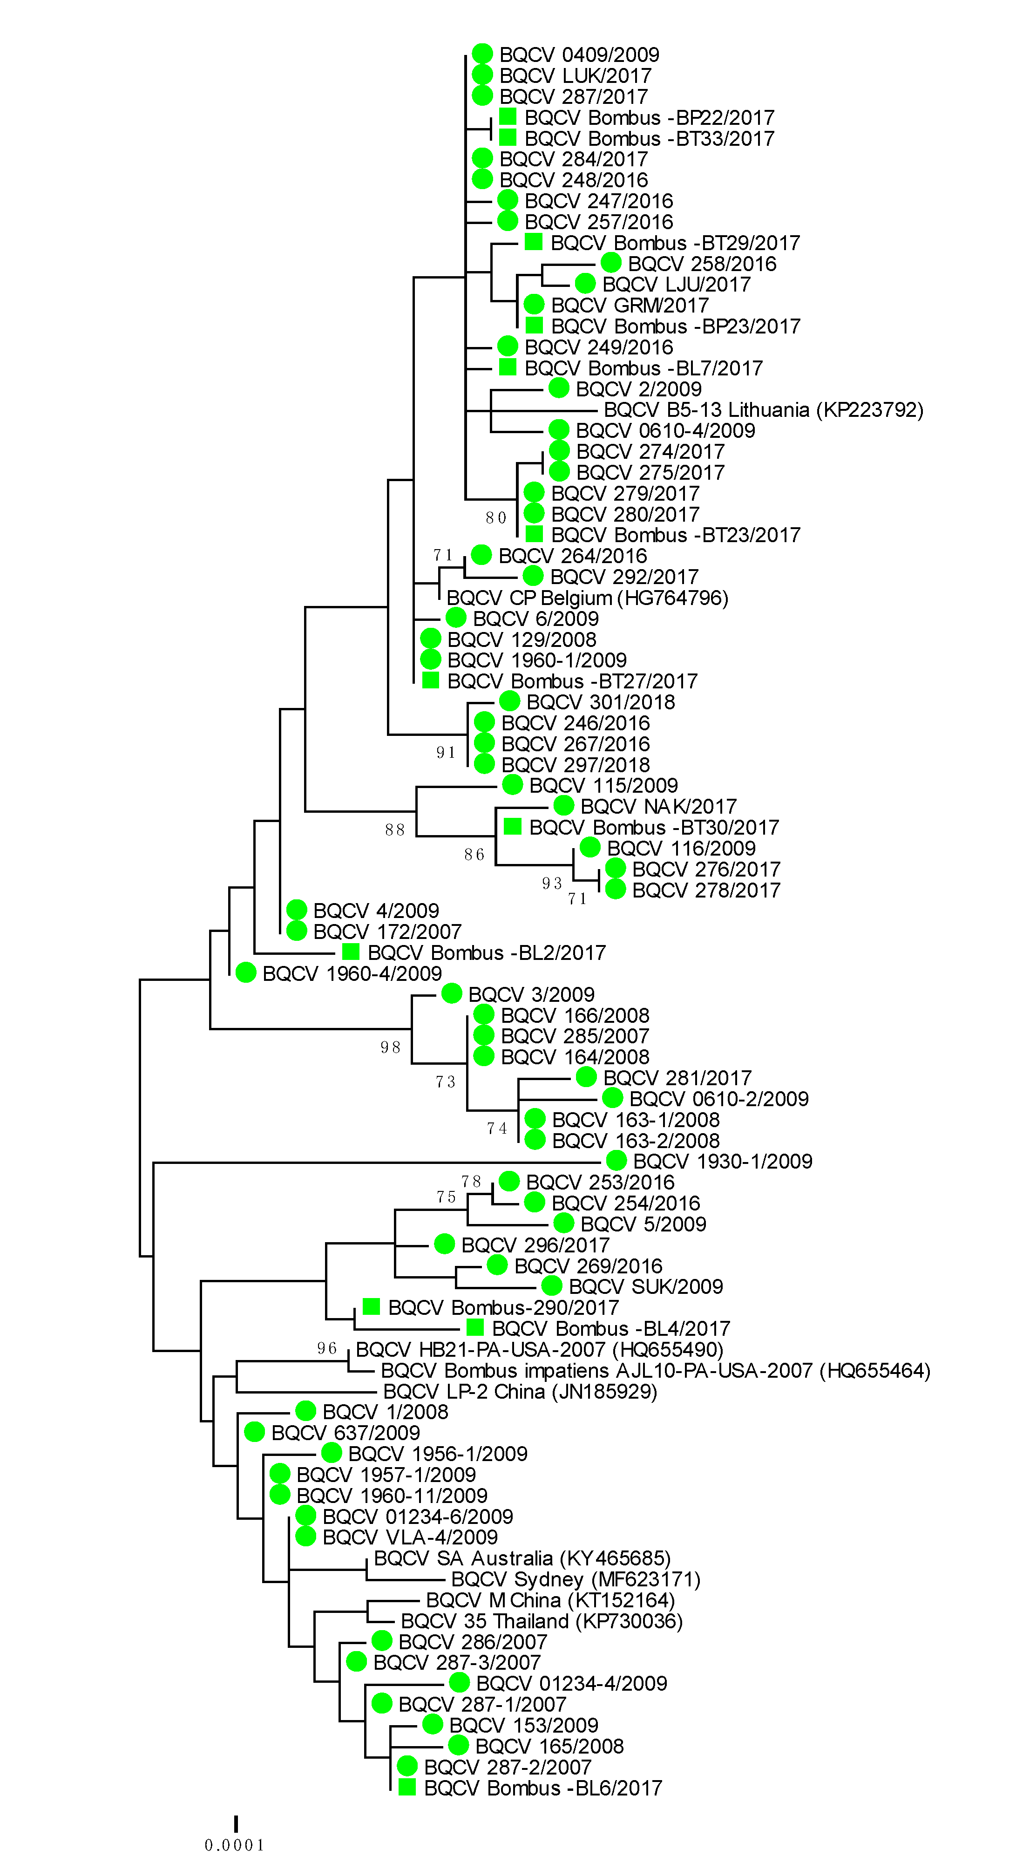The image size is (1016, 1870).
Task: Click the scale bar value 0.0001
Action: click(234, 1844)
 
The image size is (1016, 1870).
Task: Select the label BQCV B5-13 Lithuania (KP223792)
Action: click(764, 410)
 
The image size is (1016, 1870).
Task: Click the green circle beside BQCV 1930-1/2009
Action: click(616, 1160)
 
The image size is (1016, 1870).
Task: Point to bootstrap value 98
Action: click(391, 1047)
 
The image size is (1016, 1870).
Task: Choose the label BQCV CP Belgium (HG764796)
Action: click(587, 598)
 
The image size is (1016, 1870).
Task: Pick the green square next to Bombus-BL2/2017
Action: click(351, 952)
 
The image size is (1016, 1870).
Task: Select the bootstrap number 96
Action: click(327, 1349)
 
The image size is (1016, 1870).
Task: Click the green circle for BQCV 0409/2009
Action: click(482, 54)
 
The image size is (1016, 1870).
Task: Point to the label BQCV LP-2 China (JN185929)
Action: click(520, 1392)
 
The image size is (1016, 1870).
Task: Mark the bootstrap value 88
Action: click(395, 830)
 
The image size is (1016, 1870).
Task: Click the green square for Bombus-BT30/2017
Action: click(512, 826)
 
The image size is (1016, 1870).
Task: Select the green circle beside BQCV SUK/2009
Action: click(552, 1285)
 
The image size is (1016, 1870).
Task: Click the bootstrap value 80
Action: click(496, 517)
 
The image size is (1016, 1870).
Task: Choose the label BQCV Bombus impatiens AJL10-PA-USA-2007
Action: click(655, 1371)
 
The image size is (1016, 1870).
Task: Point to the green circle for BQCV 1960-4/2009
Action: click(246, 973)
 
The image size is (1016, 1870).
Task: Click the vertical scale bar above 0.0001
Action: click(236, 1823)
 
